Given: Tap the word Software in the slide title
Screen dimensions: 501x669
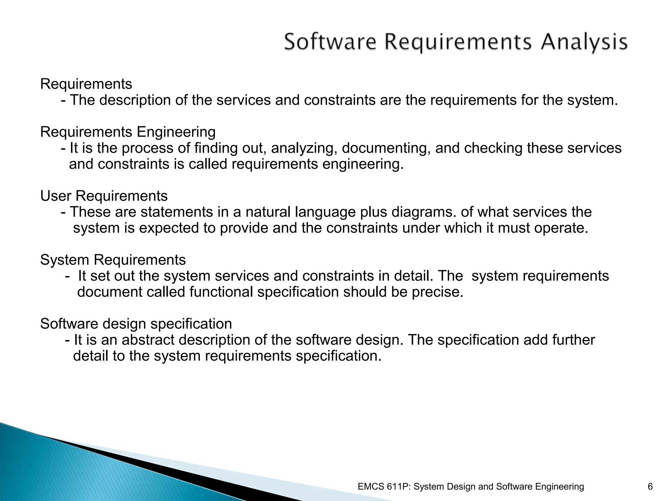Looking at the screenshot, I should (330, 42).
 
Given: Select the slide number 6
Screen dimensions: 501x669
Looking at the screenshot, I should (650, 487).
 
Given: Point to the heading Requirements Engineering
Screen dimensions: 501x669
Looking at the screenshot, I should (128, 132).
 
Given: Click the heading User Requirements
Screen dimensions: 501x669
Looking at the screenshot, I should (104, 196).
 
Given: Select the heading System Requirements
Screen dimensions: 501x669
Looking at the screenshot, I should (113, 260).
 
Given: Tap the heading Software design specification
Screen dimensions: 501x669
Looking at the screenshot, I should (136, 324).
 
